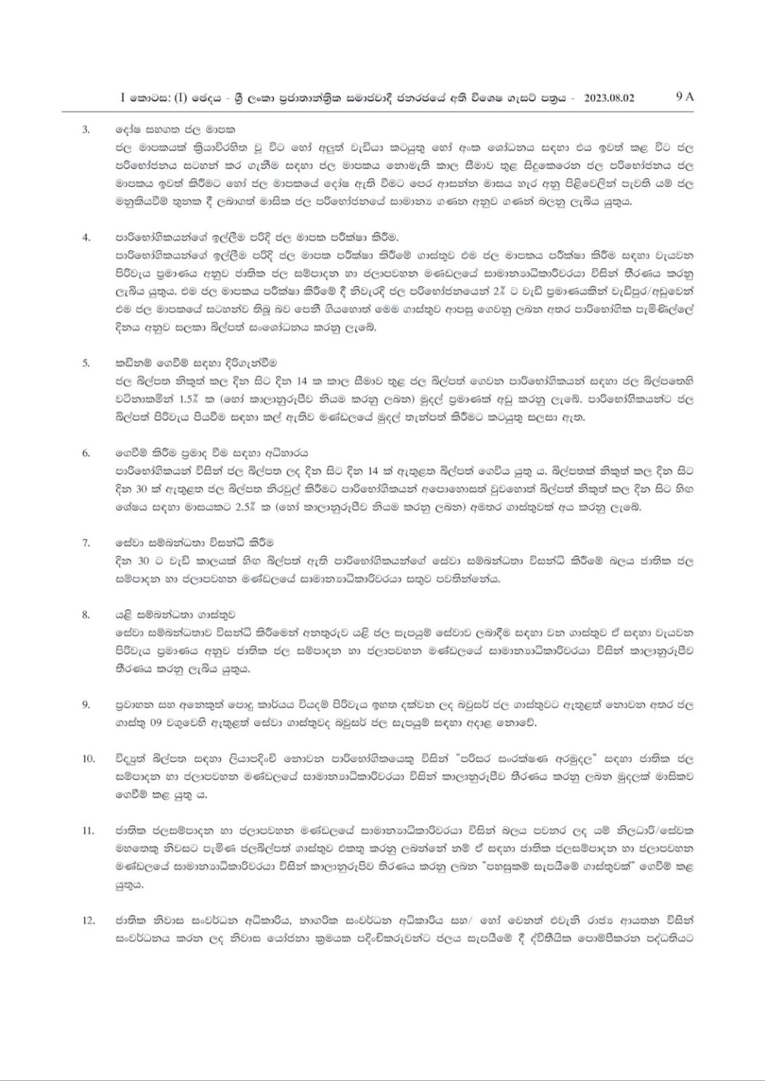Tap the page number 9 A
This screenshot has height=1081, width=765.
click(684, 97)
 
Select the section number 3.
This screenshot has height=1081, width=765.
click(86, 130)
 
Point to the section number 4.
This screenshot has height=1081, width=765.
click(86, 237)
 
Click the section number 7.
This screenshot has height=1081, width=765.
click(86, 543)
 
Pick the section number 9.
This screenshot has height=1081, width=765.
click(86, 704)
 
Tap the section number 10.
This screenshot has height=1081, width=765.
click(88, 759)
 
